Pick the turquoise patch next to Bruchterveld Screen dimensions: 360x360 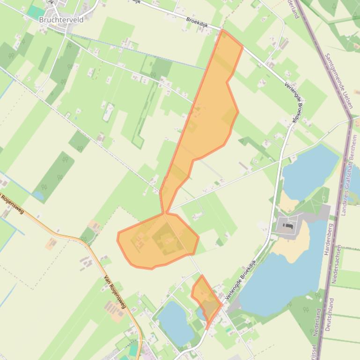point(36,12)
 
